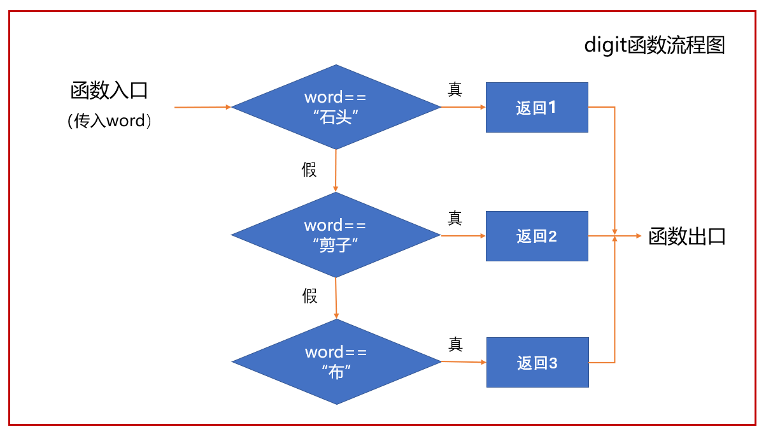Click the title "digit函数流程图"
[654, 45]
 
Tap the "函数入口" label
[109, 91]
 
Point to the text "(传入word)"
[109, 121]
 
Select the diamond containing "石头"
[336, 107]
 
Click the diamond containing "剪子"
[336, 235]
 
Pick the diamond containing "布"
[336, 361]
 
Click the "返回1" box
[537, 107]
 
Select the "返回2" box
[537, 236]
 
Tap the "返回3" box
[537, 363]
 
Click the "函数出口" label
[686, 236]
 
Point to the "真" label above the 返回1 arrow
[455, 89]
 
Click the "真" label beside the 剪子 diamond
[455, 218]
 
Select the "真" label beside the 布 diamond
[455, 344]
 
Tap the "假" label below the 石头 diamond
[309, 170]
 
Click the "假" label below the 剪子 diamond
[310, 296]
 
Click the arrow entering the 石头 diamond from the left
[202, 107]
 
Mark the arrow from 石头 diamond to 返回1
[464, 107]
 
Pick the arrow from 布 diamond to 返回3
[464, 361]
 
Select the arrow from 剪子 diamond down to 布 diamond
[336, 298]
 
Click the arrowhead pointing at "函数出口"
[639, 236]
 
